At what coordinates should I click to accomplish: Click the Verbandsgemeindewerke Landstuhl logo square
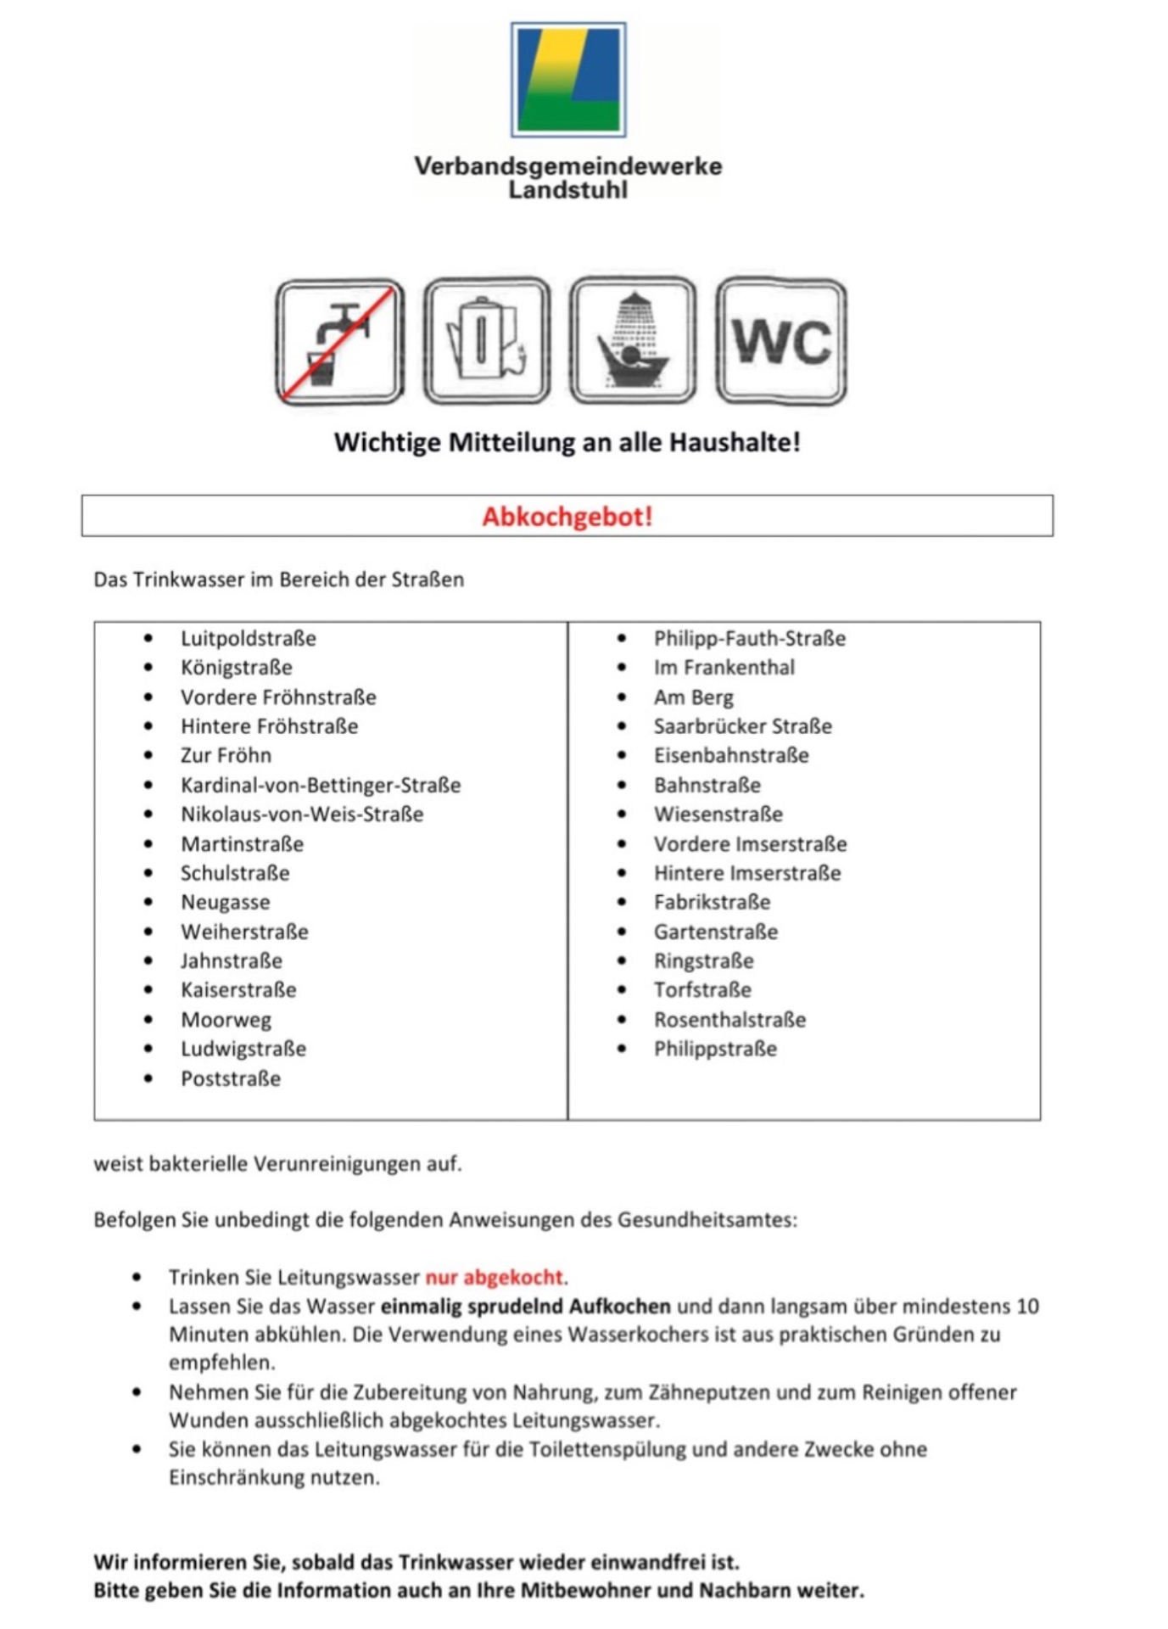pyautogui.click(x=568, y=80)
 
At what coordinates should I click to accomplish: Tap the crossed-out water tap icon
pyautogui.click(x=339, y=342)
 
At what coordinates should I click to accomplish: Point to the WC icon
pyautogui.click(x=781, y=342)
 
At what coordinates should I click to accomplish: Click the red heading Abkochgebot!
pyautogui.click(x=567, y=516)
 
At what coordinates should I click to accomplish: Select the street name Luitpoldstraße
pyautogui.click(x=249, y=638)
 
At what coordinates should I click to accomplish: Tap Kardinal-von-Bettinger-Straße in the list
pyautogui.click(x=321, y=785)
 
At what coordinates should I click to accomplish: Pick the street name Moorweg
pyautogui.click(x=226, y=1020)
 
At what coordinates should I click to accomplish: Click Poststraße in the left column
pyautogui.click(x=231, y=1078)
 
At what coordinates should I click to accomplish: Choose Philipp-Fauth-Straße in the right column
pyautogui.click(x=750, y=638)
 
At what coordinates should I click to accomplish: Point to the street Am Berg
pyautogui.click(x=694, y=697)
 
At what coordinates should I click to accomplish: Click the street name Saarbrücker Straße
pyautogui.click(x=743, y=726)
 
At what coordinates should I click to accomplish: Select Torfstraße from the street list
pyautogui.click(x=702, y=990)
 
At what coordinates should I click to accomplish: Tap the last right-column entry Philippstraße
pyautogui.click(x=715, y=1049)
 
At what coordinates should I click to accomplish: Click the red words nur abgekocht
pyautogui.click(x=495, y=1277)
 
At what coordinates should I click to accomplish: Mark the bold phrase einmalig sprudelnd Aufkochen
pyautogui.click(x=526, y=1306)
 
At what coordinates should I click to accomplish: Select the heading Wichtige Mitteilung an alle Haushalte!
pyautogui.click(x=567, y=442)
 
